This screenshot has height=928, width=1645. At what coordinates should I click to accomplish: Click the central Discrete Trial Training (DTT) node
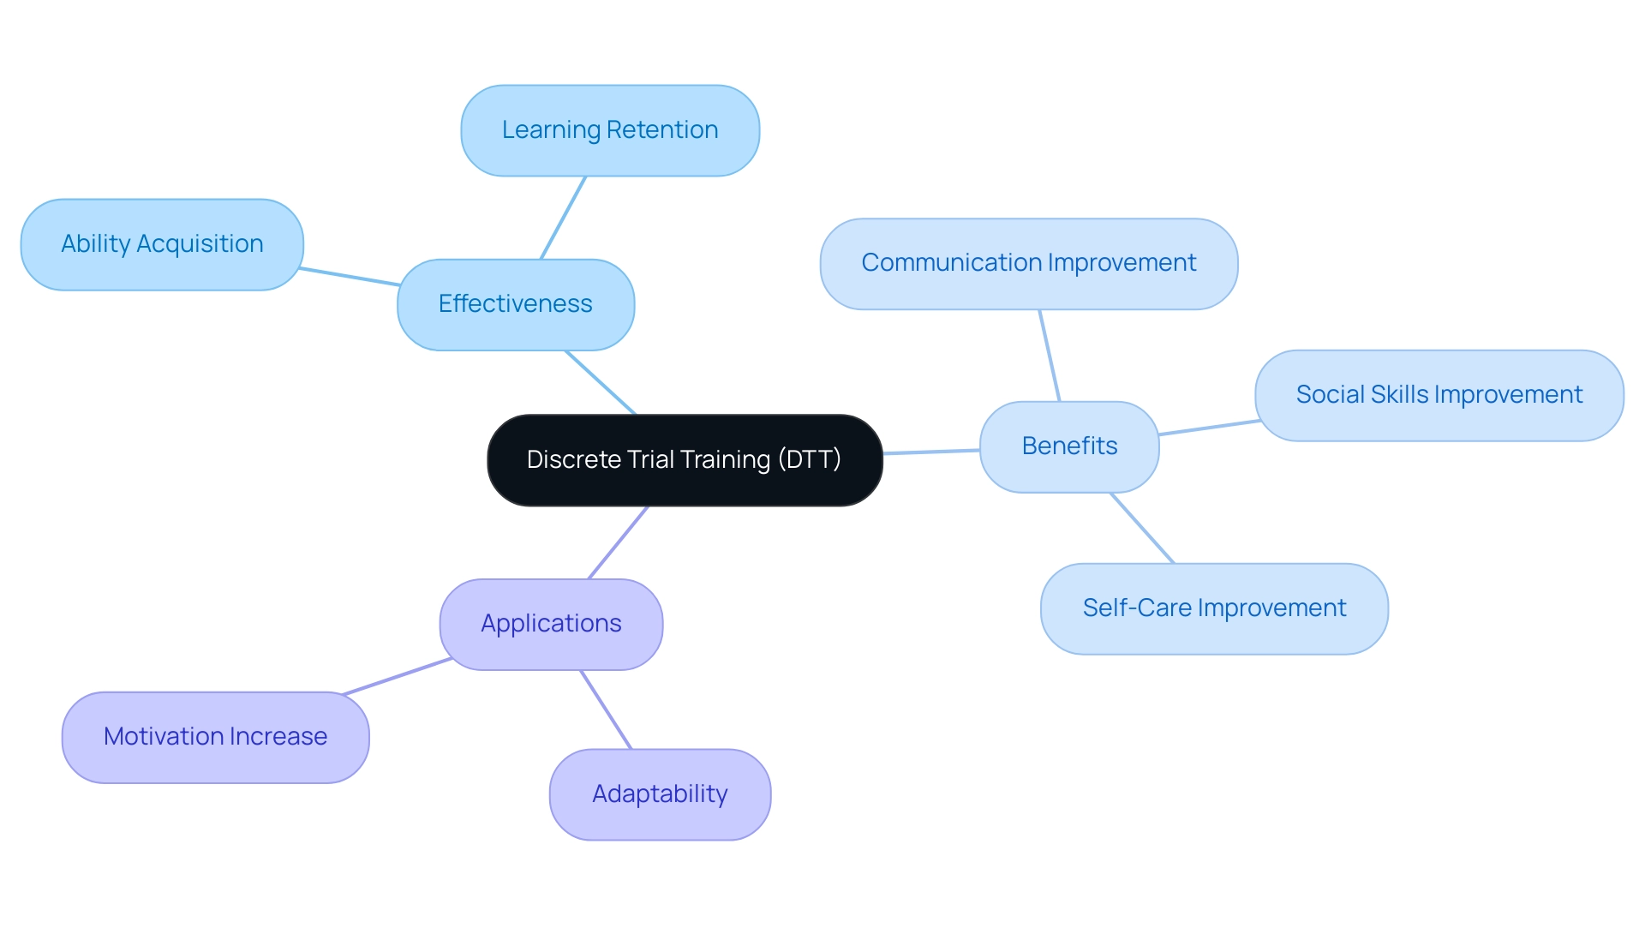685,460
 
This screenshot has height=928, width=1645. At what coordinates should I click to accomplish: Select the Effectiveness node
516,304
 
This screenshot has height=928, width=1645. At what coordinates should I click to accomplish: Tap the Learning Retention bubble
610,130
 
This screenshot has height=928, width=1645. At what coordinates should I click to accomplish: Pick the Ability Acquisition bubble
162,244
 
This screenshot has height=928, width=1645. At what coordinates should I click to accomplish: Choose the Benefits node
1069,446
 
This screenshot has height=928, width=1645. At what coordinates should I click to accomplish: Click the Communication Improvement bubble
1028,263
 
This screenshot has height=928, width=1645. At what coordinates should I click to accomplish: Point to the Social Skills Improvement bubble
1439,395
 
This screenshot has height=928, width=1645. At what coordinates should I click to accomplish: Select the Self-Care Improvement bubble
1214,608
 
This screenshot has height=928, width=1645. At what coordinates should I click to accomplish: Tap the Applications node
551,624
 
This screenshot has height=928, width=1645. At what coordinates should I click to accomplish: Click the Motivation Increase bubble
215,737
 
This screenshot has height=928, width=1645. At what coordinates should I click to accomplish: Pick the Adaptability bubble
660,794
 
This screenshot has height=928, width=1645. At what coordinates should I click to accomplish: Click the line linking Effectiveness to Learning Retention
563,218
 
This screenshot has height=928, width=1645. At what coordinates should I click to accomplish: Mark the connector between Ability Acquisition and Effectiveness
350,276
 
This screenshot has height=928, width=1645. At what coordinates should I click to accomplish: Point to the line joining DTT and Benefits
931,452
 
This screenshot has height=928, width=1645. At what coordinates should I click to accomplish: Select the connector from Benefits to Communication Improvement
1050,356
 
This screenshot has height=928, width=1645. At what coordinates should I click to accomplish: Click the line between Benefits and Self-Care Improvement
1142,528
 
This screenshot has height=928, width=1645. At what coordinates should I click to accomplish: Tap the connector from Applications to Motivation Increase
397,676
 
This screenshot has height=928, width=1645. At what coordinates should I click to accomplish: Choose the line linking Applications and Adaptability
606,709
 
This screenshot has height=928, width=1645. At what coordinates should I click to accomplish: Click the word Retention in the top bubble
662,130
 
